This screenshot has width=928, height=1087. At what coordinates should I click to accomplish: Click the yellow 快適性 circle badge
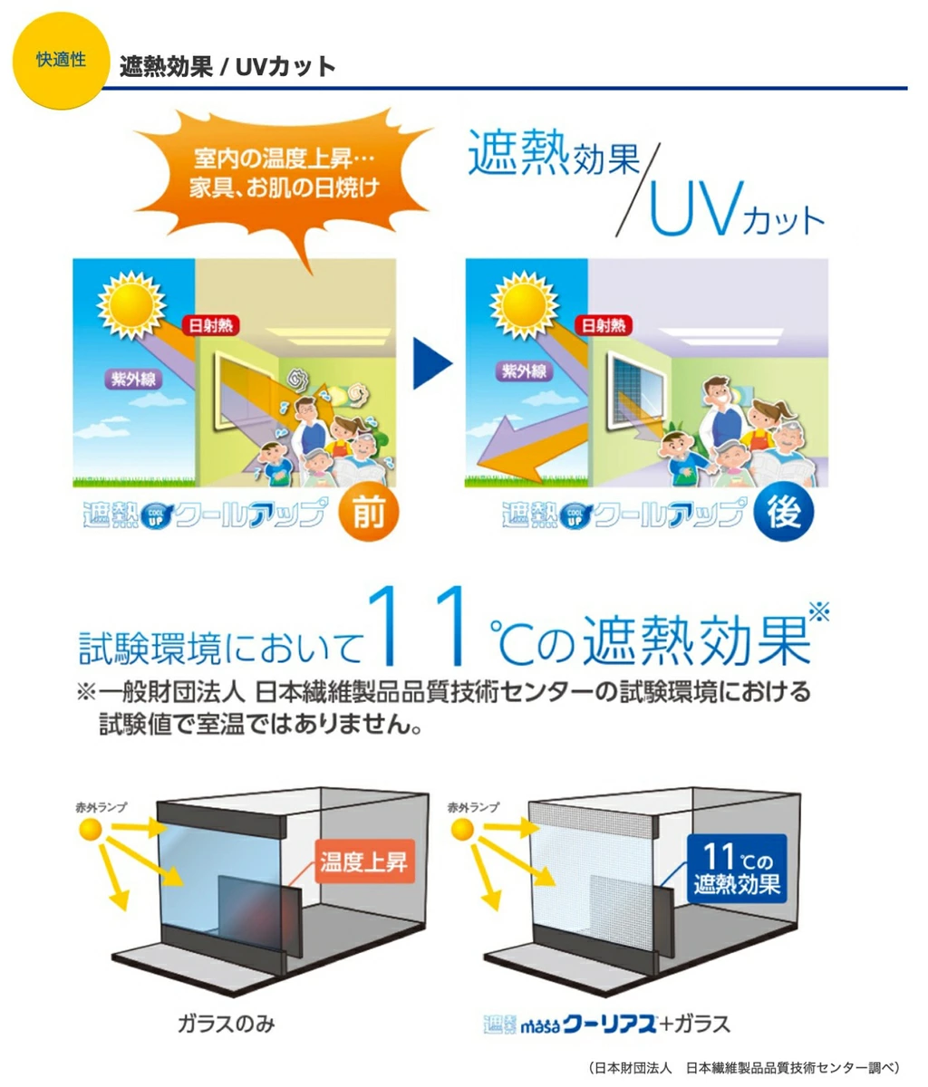pos(61,61)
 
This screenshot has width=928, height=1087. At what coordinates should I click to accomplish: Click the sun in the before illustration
pos(131,305)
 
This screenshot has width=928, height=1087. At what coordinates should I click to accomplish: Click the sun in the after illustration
pos(524,305)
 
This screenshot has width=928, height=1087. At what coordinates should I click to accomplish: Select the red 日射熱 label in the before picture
pos(211,325)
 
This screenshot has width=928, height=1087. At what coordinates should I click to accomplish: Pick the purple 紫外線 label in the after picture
pos(524,371)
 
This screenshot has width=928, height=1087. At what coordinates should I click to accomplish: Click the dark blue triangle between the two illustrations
pos(432,363)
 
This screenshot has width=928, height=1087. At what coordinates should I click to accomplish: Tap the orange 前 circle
pos(368,512)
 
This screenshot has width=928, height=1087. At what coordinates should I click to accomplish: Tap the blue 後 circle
pos(783,512)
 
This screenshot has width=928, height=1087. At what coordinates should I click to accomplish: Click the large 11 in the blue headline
pos(418,627)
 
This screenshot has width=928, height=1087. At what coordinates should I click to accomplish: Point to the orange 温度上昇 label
pos(364,861)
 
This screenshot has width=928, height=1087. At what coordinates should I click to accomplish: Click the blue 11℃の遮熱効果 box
pos(737,868)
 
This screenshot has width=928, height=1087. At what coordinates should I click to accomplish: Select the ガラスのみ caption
pos(227,1024)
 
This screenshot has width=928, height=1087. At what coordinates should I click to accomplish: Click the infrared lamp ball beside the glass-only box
pos(91,830)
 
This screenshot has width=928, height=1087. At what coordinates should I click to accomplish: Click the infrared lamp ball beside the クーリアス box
pos(462,830)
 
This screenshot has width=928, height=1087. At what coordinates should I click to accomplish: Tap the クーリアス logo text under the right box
pos(609,1024)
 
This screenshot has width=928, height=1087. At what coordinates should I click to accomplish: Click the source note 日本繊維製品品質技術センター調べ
pos(743,1068)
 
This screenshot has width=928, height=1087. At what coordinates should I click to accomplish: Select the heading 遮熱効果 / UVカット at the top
pos(227,67)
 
